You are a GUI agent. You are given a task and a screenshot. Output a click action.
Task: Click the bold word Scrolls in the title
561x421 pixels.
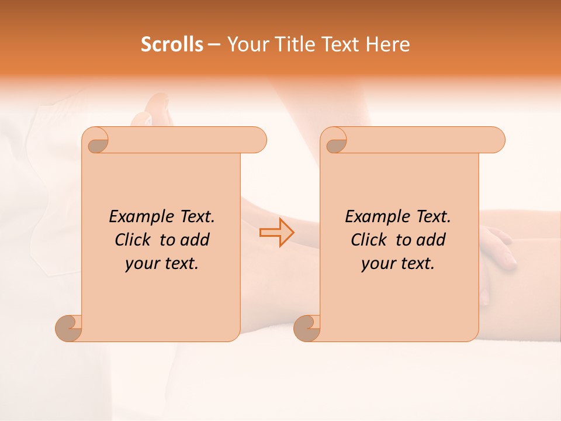tap(172, 44)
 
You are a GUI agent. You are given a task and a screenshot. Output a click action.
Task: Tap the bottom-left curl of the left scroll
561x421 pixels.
tap(68, 328)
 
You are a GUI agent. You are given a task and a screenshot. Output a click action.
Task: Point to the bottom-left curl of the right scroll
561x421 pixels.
tap(307, 328)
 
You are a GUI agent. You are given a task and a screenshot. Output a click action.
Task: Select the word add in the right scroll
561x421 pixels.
tap(431, 240)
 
